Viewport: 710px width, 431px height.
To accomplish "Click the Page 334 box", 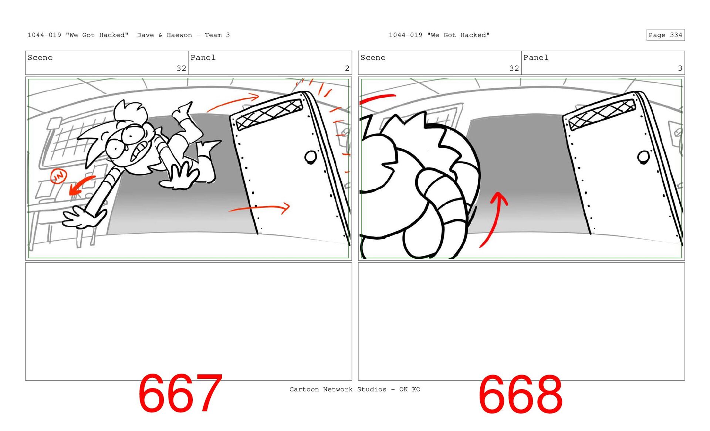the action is coord(665,35).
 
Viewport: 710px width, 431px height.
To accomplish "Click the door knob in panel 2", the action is coord(310,157).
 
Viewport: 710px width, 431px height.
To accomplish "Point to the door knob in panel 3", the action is coord(643,157).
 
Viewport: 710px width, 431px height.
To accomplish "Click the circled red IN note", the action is coord(58,176).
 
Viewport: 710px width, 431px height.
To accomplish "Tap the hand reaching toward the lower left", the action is coord(84,217).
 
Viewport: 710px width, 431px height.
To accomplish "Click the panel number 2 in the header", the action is coord(347,68).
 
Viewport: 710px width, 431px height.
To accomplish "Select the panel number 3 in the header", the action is coord(680,68).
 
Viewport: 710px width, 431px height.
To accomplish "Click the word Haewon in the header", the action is coord(179,35).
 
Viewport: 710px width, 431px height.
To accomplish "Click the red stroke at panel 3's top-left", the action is coord(377,99).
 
